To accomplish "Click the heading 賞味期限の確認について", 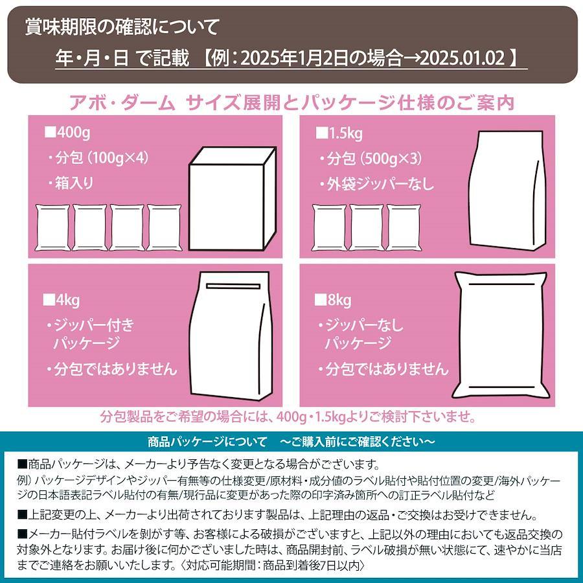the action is point(122,27).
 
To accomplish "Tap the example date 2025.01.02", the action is point(462,58).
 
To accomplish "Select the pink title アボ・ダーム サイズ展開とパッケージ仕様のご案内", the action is point(291,102).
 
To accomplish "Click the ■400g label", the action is point(67,133).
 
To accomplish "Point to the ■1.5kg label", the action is point(339,133).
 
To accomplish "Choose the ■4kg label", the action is point(62,300).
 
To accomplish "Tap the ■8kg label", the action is point(333,300).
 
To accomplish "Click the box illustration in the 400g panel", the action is point(233,199).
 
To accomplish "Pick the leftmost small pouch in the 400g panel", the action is point(52,227).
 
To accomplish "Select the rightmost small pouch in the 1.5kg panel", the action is point(404,227).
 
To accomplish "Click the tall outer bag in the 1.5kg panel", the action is point(507,189).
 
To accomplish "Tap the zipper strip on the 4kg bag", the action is point(233,286).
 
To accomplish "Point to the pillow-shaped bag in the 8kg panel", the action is point(501,336).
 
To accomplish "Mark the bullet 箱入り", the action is point(71,183).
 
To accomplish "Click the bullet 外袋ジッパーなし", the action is point(376,184).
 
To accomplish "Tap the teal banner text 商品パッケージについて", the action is point(207,442).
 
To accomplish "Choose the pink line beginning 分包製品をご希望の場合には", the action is point(288,417).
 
